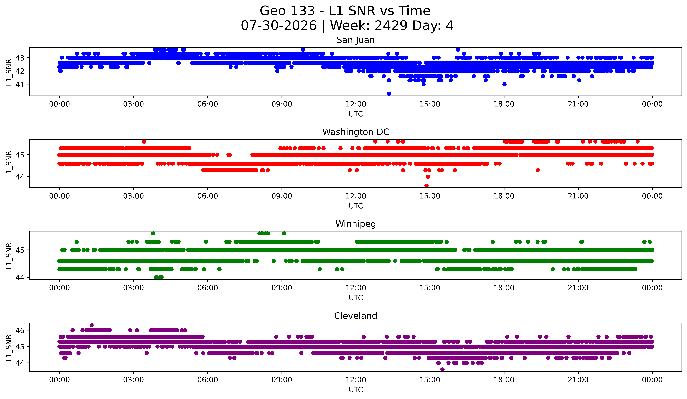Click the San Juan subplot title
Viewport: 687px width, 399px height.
[x=356, y=40]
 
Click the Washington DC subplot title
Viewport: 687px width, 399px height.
[x=356, y=132]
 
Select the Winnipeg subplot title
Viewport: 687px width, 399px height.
[x=356, y=224]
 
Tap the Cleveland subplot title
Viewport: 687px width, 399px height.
[x=356, y=316]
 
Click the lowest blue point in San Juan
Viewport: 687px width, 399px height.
[x=389, y=94]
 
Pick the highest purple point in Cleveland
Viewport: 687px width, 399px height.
[x=92, y=325]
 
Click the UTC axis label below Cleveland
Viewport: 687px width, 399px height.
[x=356, y=390]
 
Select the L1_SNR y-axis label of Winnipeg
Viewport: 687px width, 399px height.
[x=9, y=256]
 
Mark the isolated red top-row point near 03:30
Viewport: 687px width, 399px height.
[x=144, y=141]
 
